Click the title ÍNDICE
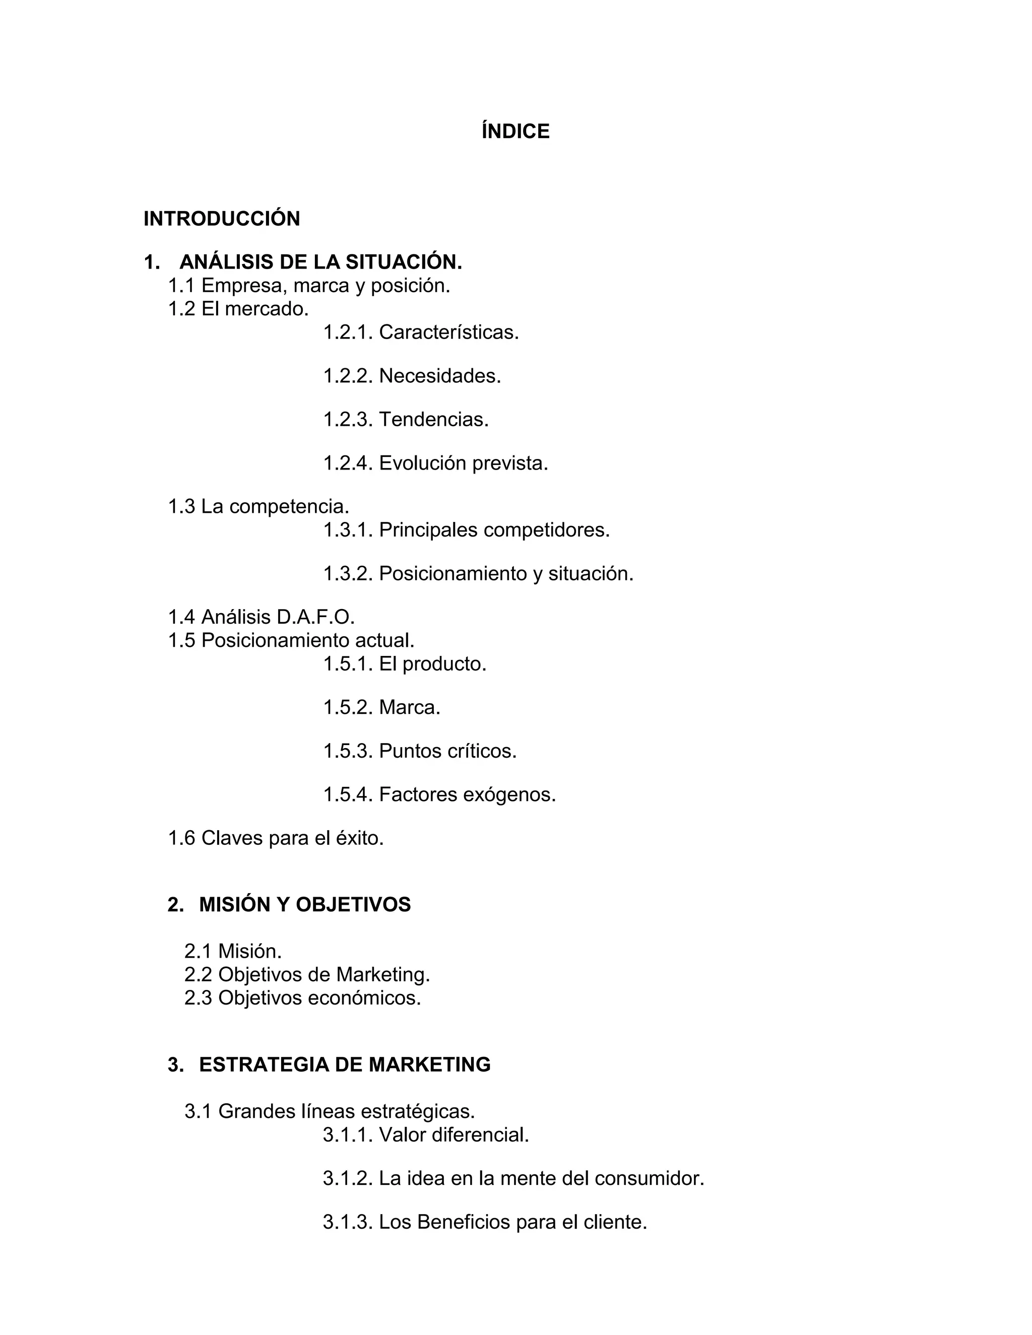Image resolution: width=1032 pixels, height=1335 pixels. [515, 131]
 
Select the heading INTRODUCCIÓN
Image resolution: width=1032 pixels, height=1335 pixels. [222, 219]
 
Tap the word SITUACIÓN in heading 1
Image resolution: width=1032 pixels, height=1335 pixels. [404, 262]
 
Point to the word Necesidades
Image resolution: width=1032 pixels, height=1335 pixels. [439, 376]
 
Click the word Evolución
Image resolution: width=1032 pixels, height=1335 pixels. [422, 463]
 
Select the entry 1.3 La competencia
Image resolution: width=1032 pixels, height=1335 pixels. [259, 506]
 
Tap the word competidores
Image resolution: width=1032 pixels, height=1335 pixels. [546, 530]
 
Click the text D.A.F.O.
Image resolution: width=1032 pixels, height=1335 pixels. [315, 618]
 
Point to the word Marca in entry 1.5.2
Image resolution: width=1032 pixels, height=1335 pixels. [409, 708]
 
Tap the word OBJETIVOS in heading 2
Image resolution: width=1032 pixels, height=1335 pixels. [353, 905]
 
